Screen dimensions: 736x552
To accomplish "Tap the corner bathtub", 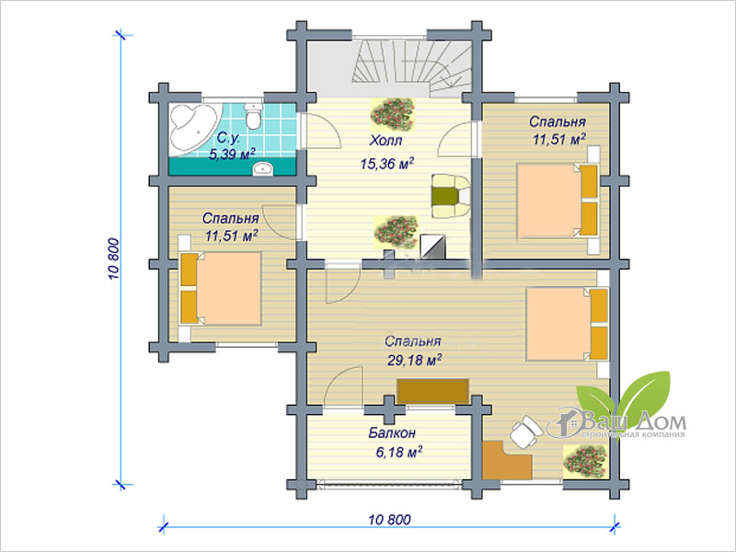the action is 193,128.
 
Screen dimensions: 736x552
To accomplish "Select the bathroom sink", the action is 263,168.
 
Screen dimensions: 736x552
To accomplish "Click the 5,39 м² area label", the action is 232,154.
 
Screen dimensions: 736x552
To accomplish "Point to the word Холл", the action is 385,141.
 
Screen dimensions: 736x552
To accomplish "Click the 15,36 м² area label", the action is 387,164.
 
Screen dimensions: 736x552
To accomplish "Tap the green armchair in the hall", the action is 450,196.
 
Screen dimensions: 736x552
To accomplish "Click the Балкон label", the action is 392,432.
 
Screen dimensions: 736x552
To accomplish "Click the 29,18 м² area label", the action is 414,360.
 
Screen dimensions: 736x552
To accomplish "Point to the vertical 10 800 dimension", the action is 114,259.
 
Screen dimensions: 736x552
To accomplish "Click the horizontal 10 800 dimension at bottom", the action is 389,520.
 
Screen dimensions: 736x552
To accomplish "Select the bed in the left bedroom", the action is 220,289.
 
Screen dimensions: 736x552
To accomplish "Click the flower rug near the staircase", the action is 393,114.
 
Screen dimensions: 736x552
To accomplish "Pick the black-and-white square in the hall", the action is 431,246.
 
